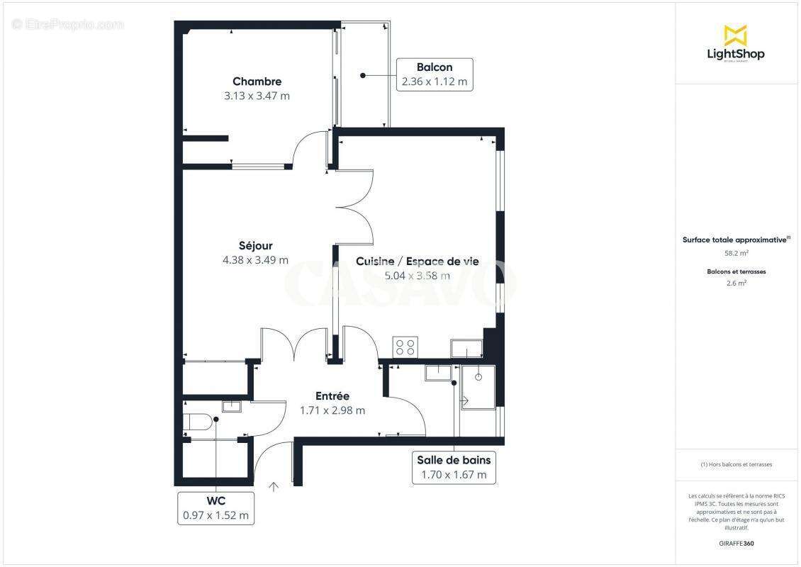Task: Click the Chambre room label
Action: tap(257, 82)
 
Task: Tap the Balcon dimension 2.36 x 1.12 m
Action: tap(435, 82)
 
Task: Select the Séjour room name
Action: tap(255, 246)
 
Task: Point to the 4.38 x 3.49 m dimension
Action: tap(255, 260)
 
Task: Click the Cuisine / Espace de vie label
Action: tap(417, 262)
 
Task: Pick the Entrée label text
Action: tap(332, 396)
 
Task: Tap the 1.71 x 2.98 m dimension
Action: tap(332, 410)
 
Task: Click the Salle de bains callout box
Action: tap(454, 468)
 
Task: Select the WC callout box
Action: tap(215, 508)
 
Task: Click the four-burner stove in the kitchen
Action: tap(405, 347)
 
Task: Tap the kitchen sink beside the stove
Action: tap(466, 348)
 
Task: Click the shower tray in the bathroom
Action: tap(478, 387)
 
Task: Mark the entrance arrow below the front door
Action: tap(274, 486)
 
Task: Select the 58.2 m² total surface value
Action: tap(735, 252)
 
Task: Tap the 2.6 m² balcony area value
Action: tap(736, 283)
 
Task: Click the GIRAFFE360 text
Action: tap(736, 544)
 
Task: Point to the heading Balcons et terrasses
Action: tap(736, 271)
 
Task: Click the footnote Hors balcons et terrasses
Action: tap(736, 464)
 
